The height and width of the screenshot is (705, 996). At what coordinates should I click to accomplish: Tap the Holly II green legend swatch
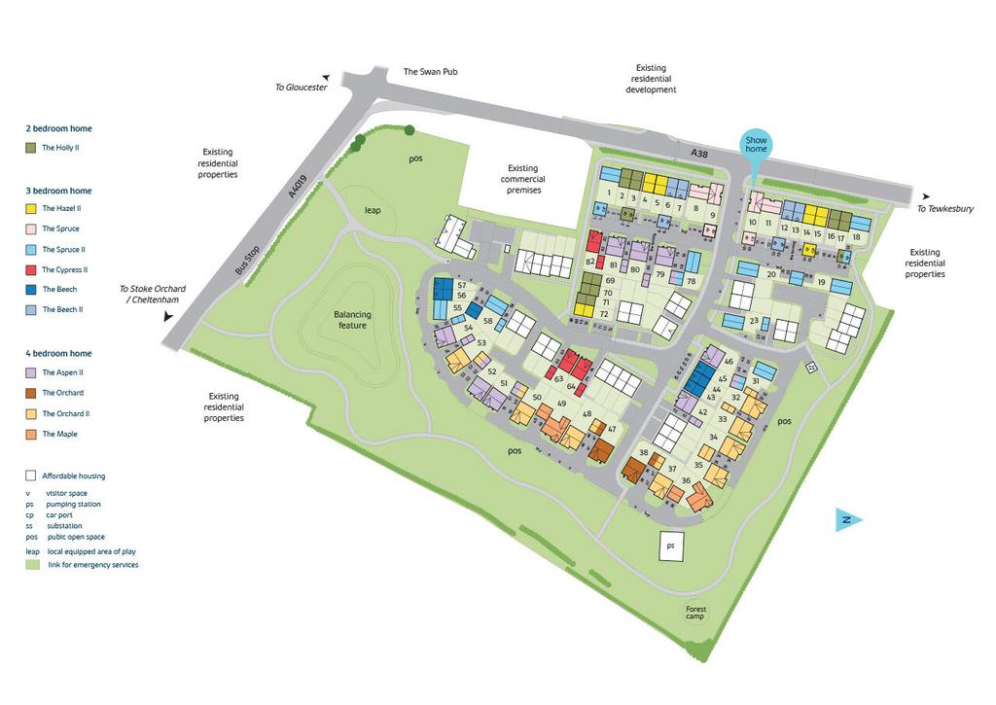click(30, 149)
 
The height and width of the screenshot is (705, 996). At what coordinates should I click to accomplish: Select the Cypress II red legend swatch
click(30, 269)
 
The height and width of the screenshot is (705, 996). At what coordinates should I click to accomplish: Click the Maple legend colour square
click(30, 435)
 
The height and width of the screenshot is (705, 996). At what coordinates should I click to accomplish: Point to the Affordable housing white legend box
click(30, 476)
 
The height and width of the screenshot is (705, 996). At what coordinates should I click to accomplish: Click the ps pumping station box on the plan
click(670, 546)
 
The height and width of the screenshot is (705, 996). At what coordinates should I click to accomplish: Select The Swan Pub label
click(430, 72)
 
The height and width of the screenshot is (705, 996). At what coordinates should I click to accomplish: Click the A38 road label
click(698, 153)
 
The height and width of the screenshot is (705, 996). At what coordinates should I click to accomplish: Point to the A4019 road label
click(299, 187)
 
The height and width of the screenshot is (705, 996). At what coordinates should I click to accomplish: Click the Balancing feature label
click(352, 320)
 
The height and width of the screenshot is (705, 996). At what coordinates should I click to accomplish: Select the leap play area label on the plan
click(372, 210)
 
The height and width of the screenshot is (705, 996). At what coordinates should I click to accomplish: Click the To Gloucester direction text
click(302, 88)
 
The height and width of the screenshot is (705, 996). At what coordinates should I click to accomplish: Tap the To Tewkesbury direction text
click(945, 209)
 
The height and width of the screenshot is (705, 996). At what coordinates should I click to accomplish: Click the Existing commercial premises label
click(522, 179)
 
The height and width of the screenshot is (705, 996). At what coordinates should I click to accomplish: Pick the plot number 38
click(643, 453)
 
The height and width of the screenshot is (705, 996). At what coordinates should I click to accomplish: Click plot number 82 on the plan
click(590, 262)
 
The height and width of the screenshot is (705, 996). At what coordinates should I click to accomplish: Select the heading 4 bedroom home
click(58, 354)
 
